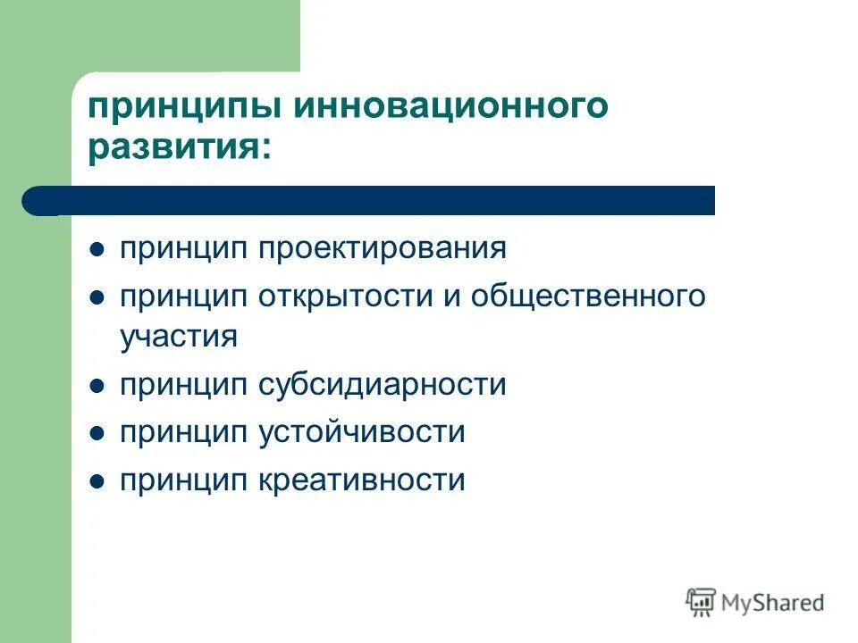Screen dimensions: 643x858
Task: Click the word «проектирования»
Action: tap(383, 247)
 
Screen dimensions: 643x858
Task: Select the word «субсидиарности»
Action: tap(383, 385)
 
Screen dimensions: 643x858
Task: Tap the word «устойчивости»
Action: tap(362, 433)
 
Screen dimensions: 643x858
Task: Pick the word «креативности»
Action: tap(362, 480)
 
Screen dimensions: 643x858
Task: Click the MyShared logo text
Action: tap(773, 603)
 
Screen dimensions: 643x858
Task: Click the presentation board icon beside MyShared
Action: tap(701, 602)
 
